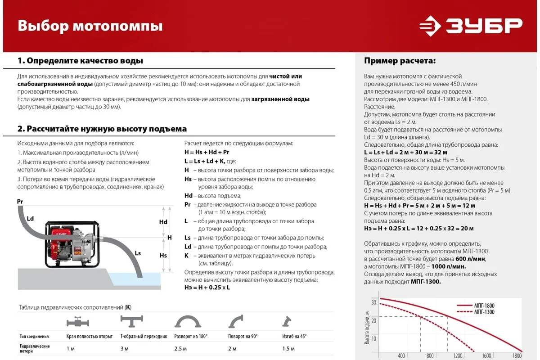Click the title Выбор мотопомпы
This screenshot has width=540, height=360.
coord(90,26)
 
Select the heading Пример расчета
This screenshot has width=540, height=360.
coord(400,61)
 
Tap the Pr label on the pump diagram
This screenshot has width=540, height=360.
coord(20,202)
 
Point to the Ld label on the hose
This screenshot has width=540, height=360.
coord(30,219)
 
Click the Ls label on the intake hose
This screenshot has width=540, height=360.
coord(138,253)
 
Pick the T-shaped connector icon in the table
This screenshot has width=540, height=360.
coord(131,321)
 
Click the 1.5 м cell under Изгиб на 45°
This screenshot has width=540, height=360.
coord(288,349)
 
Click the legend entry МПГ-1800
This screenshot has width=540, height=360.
coord(484,306)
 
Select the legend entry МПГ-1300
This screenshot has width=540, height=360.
coord(484,312)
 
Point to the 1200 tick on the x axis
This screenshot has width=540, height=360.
coord(458,356)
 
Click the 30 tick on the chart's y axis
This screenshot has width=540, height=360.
coord(373,302)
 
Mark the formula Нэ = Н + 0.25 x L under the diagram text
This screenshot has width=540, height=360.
coord(207,288)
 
